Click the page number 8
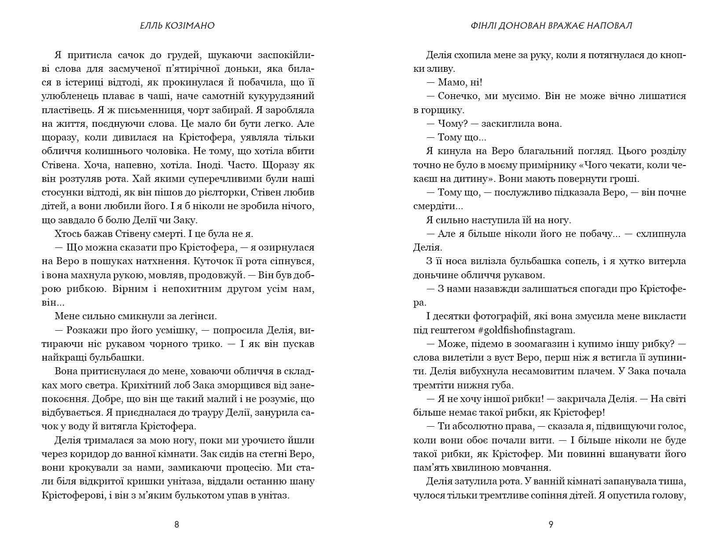[176, 524]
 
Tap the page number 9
[551, 524]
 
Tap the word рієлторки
[226, 192]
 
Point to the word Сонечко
[458, 96]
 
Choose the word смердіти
[434, 206]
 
